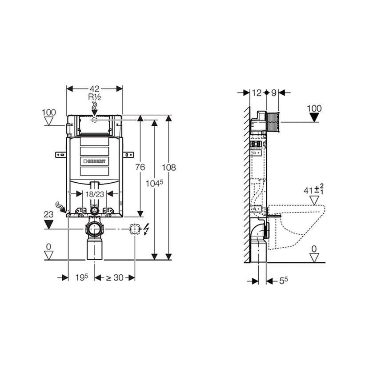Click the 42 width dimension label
point(94,89)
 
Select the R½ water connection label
point(95,97)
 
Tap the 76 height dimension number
point(140,167)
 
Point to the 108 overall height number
point(169,168)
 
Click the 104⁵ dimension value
point(154,183)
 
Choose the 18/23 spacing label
point(95,194)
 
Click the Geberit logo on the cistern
point(95,161)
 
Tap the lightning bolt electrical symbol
point(146,229)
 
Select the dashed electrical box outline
point(135,229)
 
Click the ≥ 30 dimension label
point(115,278)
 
